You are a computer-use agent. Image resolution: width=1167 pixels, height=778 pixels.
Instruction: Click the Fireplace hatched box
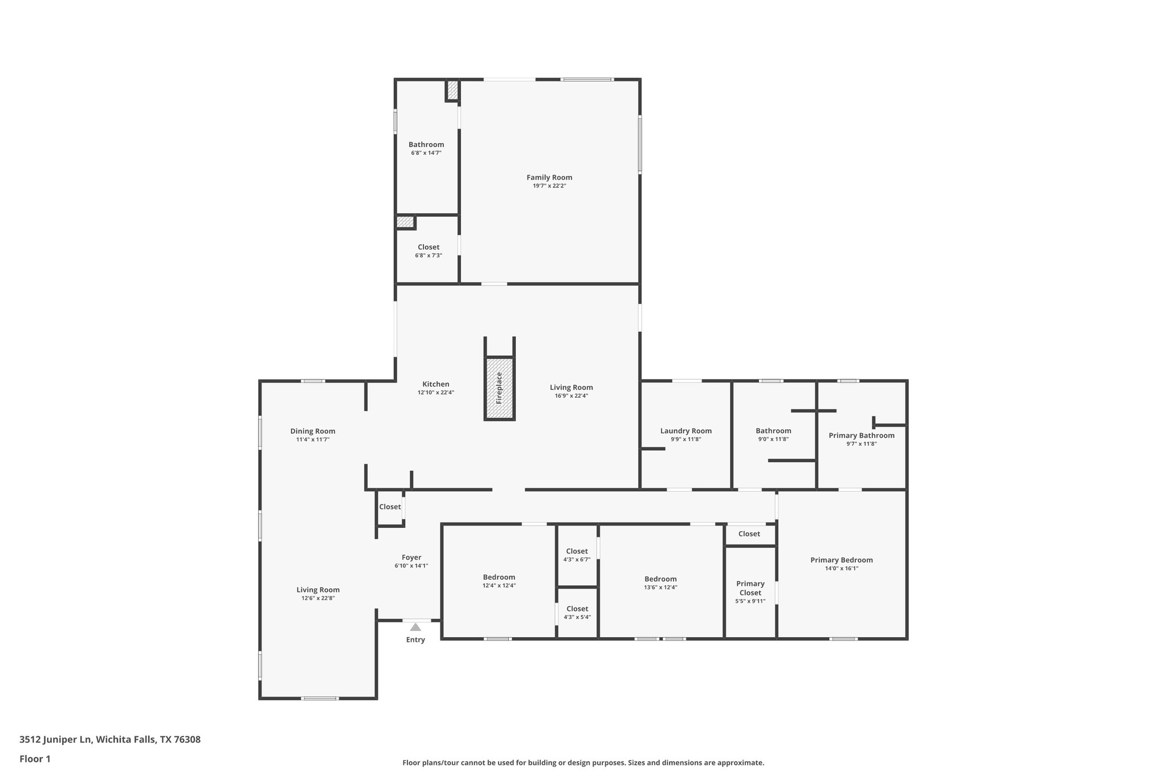point(499,388)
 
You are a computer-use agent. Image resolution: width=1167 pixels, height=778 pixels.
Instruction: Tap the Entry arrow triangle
point(415,627)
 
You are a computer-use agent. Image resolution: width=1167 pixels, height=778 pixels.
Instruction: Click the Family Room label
point(549,177)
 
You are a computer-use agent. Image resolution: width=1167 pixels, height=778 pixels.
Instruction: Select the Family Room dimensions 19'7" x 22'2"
point(549,186)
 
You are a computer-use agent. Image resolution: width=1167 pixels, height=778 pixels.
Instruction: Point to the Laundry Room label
point(685,431)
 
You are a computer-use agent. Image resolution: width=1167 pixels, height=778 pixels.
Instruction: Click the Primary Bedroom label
point(841,560)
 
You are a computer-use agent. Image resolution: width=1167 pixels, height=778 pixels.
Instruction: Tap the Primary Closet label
point(750,588)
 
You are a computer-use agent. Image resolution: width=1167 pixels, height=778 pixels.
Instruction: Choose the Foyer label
point(411,557)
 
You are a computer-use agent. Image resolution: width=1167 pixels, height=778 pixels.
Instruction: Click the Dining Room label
point(312,431)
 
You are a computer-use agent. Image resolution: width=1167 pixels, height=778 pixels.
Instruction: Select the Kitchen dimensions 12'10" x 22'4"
point(435,393)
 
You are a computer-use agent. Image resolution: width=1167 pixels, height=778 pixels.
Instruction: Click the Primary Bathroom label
point(861,435)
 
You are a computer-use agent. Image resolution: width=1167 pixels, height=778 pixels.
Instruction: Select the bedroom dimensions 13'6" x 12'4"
point(660,587)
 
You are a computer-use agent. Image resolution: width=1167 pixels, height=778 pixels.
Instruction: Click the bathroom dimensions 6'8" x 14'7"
point(426,153)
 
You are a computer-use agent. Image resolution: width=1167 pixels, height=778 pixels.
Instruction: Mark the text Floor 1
point(35,759)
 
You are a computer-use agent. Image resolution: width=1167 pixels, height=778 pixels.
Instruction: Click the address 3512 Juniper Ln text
point(110,739)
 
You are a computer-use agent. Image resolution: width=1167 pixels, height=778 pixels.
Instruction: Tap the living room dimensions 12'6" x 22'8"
point(317,598)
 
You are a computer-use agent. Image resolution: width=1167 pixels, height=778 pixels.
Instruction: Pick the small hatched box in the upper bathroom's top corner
point(452,89)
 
